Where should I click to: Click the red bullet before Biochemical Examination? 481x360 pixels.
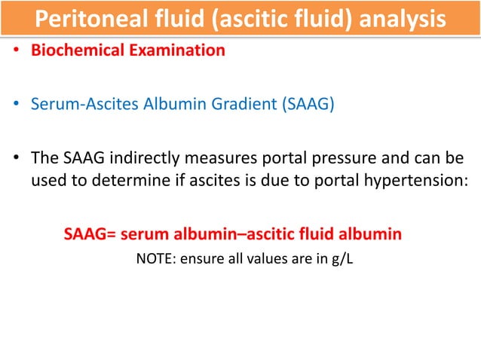(15, 52)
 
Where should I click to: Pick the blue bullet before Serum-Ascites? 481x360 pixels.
(15, 105)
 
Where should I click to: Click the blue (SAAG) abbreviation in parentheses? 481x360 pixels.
(307, 105)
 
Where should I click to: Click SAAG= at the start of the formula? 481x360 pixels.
(87, 235)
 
